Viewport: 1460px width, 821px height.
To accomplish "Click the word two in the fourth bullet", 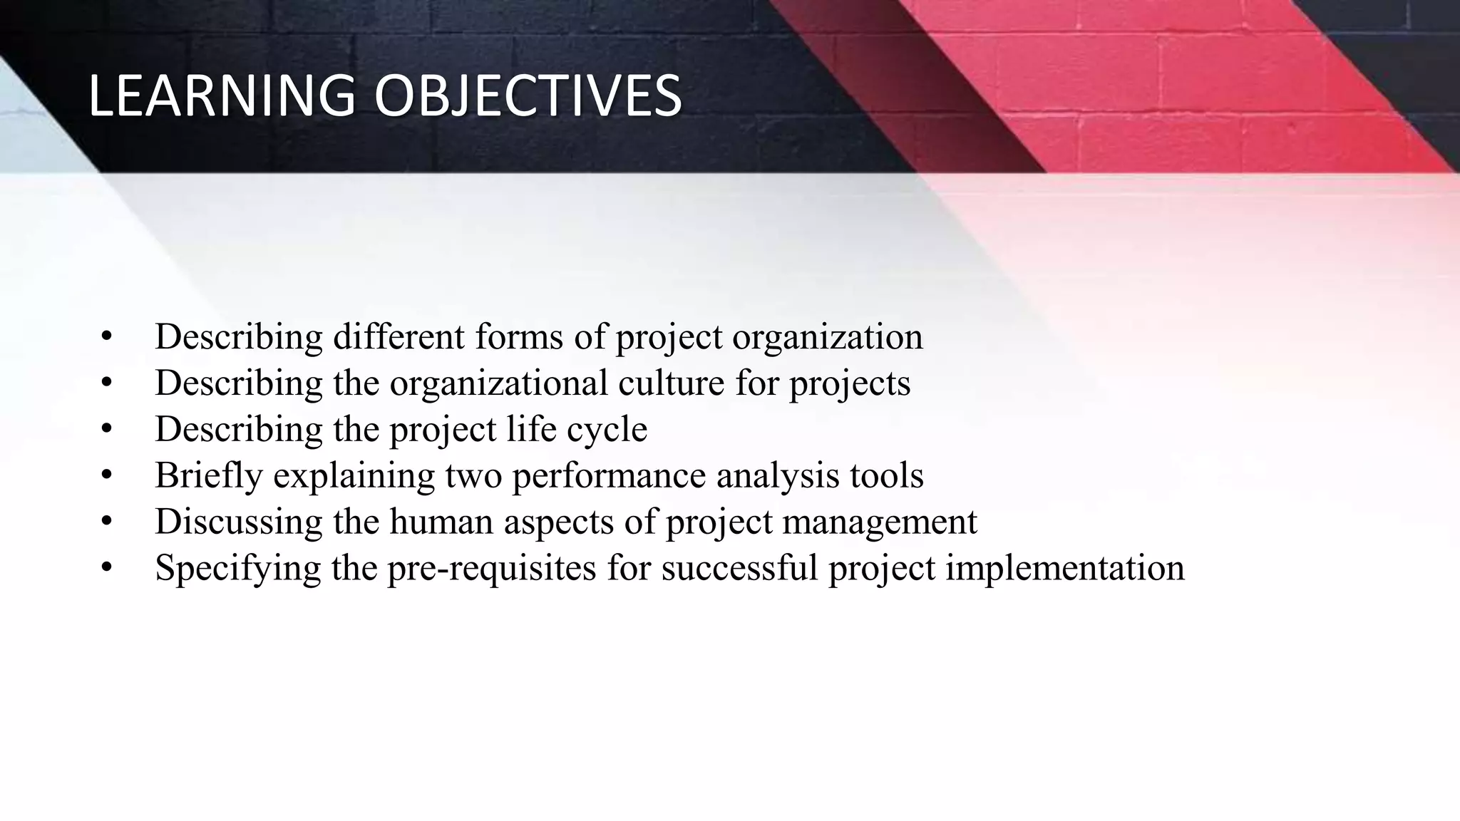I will [473, 475].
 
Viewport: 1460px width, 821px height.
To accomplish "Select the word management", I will [879, 522].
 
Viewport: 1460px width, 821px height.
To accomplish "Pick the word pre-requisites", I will [492, 568].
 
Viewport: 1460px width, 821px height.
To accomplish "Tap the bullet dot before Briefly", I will [107, 475].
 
